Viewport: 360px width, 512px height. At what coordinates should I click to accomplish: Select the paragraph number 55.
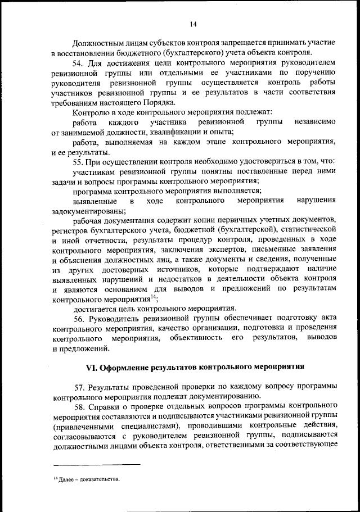click(x=78, y=162)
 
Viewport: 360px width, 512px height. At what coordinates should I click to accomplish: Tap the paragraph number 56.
click(x=78, y=318)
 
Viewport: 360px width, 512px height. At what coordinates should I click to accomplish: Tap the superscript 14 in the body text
click(x=154, y=297)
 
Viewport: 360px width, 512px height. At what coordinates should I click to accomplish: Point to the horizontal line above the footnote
click(x=96, y=464)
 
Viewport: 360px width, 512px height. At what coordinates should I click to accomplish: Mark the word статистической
click(x=309, y=230)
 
